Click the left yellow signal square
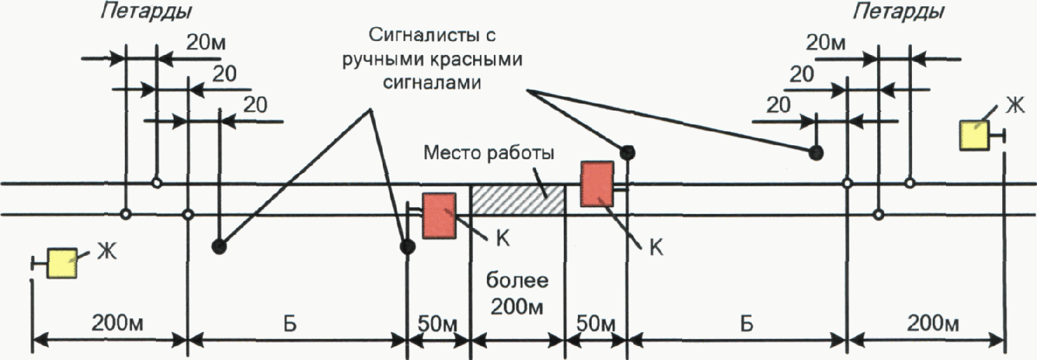[x=63, y=262]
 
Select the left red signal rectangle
[x=440, y=215]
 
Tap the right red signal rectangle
[x=597, y=184]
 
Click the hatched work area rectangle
[x=518, y=200]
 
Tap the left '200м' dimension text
[x=118, y=323]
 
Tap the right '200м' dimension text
[x=933, y=323]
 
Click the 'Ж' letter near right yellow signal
[x=1014, y=106]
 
